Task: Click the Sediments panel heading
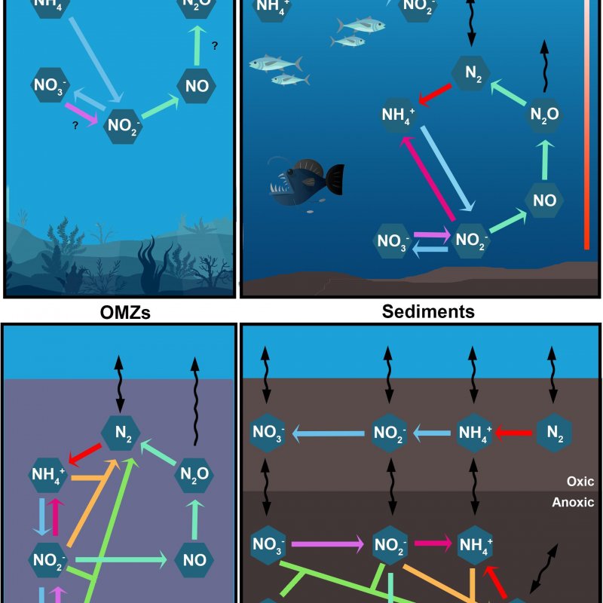pos(428,311)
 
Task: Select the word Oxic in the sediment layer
pos(580,481)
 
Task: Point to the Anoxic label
pos(574,502)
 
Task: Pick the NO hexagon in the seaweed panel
pos(197,86)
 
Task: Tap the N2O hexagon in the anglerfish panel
pos(543,115)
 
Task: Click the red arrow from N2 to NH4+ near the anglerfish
pos(435,95)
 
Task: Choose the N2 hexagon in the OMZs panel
pos(121,433)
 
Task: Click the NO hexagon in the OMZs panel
pos(194,559)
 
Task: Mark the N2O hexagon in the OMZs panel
pos(194,474)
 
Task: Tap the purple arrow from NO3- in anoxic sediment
pos(328,543)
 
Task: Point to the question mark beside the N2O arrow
pos(215,47)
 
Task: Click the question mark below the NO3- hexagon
pos(75,126)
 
